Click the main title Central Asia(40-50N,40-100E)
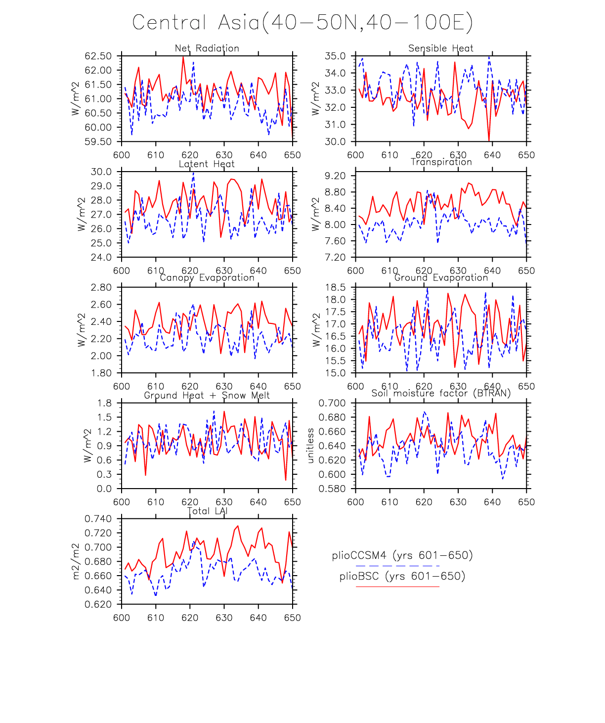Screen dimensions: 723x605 pyautogui.click(x=302, y=23)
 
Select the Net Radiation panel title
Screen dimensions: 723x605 pyautogui.click(x=207, y=48)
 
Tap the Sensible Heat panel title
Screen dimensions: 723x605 pyautogui.click(x=441, y=48)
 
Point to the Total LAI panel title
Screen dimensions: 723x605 pyautogui.click(x=207, y=511)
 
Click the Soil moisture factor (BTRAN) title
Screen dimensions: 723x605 pyautogui.click(x=441, y=393)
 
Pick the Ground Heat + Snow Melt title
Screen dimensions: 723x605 pyautogui.click(x=207, y=396)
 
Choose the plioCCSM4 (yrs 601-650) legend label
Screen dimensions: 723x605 pyautogui.click(x=402, y=555)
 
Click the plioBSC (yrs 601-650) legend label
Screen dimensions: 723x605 pyautogui.click(x=402, y=576)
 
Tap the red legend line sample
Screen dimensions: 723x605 pyautogui.click(x=397, y=587)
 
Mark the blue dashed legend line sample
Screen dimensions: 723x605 pyautogui.click(x=397, y=566)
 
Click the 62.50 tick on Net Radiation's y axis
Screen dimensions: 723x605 pyautogui.click(x=98, y=56)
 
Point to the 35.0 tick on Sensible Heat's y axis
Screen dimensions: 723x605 pyautogui.click(x=335, y=56)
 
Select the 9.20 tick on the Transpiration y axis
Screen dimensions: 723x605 pyautogui.click(x=335, y=176)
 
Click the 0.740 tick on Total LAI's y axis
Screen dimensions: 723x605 pyautogui.click(x=98, y=519)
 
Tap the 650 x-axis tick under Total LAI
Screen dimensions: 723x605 pyautogui.click(x=293, y=618)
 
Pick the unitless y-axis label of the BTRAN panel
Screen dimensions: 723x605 pyautogui.click(x=311, y=446)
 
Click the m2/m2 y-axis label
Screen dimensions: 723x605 pyautogui.click(x=76, y=561)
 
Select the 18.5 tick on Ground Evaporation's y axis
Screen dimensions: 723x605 pyautogui.click(x=335, y=288)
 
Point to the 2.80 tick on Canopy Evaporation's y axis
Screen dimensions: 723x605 pyautogui.click(x=101, y=288)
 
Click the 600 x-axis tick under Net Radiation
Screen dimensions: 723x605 pyautogui.click(x=122, y=155)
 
